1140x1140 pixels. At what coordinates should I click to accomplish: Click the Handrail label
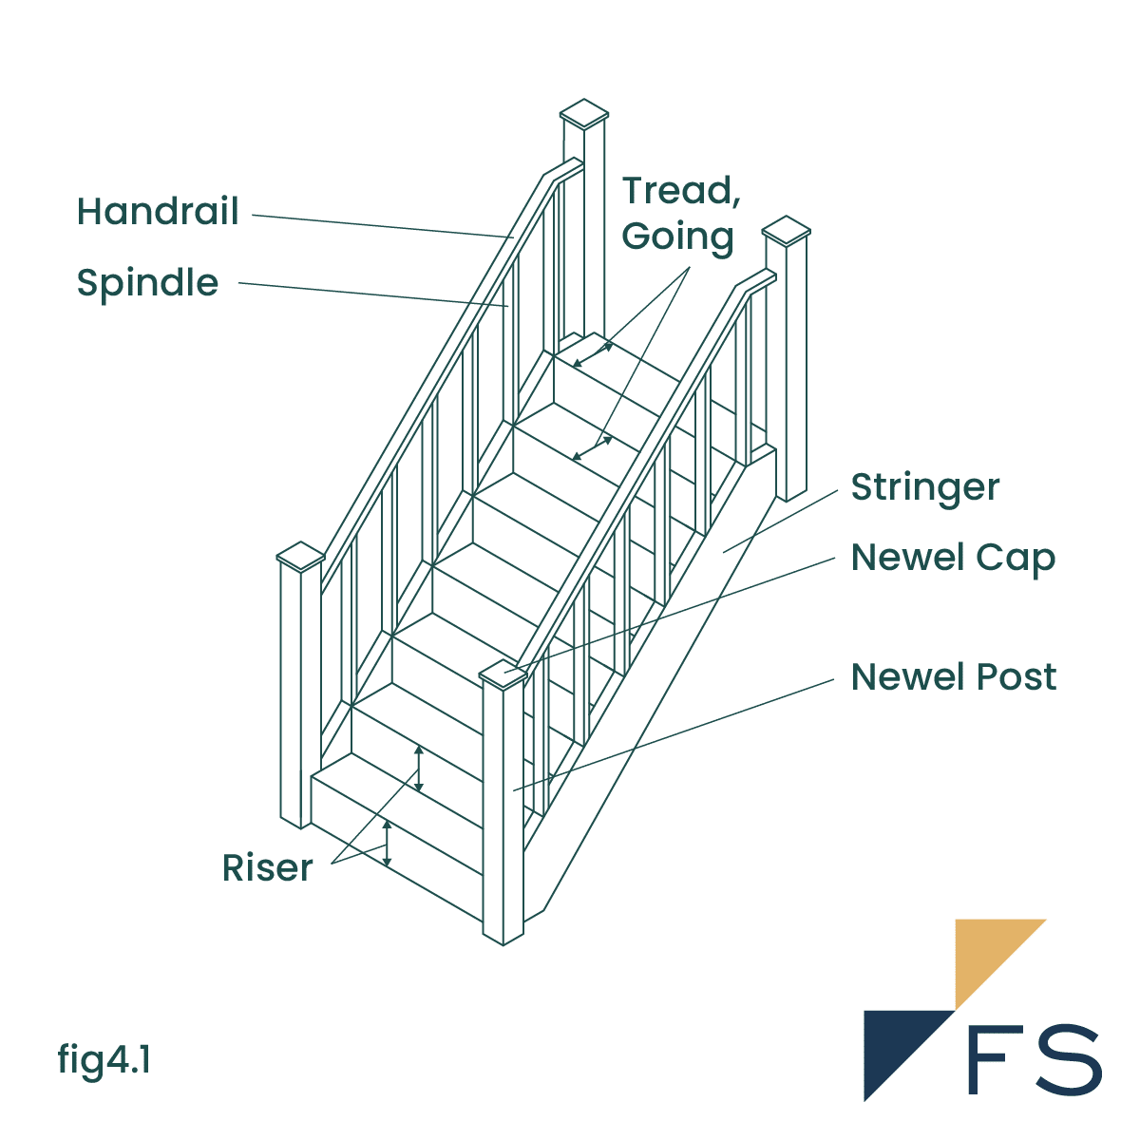pyautogui.click(x=158, y=212)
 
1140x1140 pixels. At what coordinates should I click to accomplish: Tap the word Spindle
pyautogui.click(x=147, y=283)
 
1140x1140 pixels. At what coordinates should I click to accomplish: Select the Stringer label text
pyautogui.click(x=924, y=488)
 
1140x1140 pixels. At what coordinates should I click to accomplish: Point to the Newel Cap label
pyautogui.click(x=953, y=558)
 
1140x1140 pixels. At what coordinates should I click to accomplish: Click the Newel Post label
pyautogui.click(x=953, y=677)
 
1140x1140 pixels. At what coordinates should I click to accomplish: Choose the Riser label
pyautogui.click(x=267, y=868)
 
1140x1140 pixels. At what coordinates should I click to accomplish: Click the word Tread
pyautogui.click(x=680, y=191)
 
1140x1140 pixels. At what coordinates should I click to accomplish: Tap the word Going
pyautogui.click(x=677, y=237)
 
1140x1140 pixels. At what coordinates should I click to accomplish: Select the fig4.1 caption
pyautogui.click(x=104, y=1059)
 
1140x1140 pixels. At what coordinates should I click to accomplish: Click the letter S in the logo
pyautogui.click(x=1069, y=1059)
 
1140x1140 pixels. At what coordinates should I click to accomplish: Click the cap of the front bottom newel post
pyautogui.click(x=503, y=673)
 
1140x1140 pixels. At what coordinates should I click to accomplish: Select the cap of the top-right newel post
pyautogui.click(x=787, y=231)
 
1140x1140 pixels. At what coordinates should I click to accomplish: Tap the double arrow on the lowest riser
pyautogui.click(x=387, y=843)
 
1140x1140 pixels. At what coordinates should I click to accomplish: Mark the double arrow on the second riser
pyautogui.click(x=419, y=769)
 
